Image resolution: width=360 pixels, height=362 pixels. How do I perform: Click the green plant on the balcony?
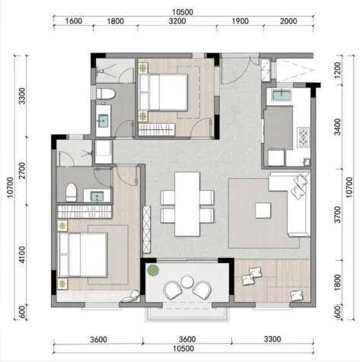point(153,270)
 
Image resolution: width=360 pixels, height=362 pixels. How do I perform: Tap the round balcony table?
point(187,281)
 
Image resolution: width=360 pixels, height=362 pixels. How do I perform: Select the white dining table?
point(187,204)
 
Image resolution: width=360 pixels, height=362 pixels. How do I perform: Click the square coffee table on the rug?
point(263,210)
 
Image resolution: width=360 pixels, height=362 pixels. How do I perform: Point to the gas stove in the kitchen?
point(304,137)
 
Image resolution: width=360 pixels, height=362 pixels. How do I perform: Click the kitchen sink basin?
point(282,96)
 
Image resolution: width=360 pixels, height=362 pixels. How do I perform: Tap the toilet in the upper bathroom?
point(106,94)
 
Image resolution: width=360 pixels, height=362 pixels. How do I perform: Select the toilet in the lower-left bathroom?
point(71,192)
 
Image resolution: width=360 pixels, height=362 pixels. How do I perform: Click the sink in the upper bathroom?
point(104,121)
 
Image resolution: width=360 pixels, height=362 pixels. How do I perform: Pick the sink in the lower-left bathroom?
point(97,196)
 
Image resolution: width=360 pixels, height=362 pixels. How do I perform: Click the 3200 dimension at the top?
point(177,21)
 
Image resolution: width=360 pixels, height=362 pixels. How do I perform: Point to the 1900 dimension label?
point(240,21)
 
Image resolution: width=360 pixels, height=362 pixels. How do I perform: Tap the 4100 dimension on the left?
point(22,255)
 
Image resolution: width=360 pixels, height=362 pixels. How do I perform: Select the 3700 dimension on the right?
point(337,214)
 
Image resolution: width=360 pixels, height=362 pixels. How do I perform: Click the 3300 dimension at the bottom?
point(272,339)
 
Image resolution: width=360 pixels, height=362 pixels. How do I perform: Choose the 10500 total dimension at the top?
point(183,12)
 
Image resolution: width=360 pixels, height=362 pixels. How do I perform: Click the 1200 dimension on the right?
point(337,70)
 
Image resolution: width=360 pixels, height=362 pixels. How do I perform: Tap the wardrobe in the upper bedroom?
point(157,129)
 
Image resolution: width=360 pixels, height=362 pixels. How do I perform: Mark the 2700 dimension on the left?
point(22,170)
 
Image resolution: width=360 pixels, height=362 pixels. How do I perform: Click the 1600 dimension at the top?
point(74,21)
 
